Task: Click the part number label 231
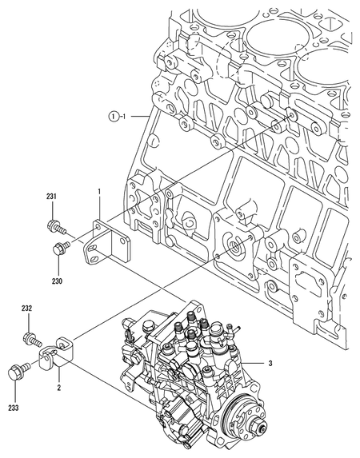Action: [x=50, y=197]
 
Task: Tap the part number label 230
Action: [x=58, y=281]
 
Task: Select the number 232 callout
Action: [x=26, y=308]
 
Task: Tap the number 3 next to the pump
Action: [x=270, y=364]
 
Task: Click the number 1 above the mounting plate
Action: [x=98, y=192]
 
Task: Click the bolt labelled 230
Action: [x=58, y=250]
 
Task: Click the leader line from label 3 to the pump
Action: [x=254, y=364]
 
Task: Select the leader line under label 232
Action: [x=26, y=321]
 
